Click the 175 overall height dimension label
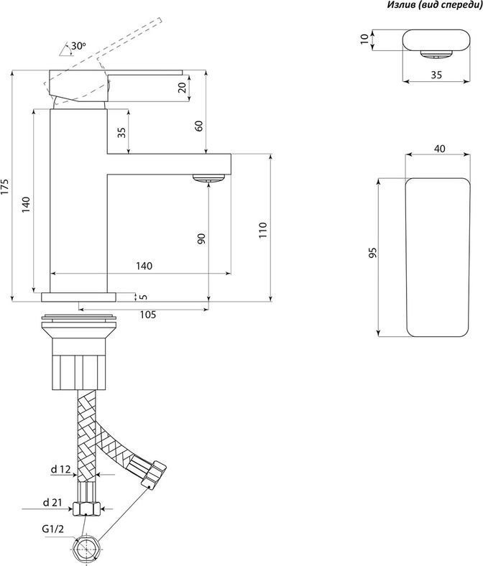coord(5,187)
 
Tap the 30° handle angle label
coord(78,46)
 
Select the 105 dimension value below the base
coord(148,315)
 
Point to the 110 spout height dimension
coord(262,230)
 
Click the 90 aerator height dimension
coord(201,238)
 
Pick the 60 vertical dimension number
coord(198,126)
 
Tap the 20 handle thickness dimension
coord(183,88)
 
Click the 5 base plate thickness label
coord(144,297)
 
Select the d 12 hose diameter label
coord(60,469)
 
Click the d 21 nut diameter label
coord(52,503)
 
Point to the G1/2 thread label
coord(52,529)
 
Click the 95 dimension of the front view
coord(373,252)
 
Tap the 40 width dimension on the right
coord(440,149)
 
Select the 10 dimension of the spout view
coord(365,39)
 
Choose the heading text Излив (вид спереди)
coord(435,5)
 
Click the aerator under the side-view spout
coord(209,178)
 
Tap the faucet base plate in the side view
coord(79,297)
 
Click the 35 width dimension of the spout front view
coord(436,75)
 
